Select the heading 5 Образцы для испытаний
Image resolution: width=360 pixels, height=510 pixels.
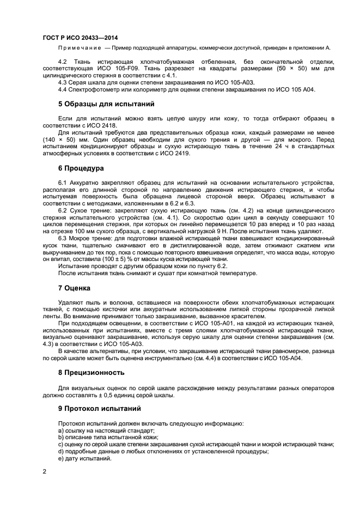click(99, 104)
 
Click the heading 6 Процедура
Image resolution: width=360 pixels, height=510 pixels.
click(81, 168)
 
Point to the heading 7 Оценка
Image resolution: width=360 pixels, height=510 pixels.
click(74, 287)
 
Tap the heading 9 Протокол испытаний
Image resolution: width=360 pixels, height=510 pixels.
click(99, 408)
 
